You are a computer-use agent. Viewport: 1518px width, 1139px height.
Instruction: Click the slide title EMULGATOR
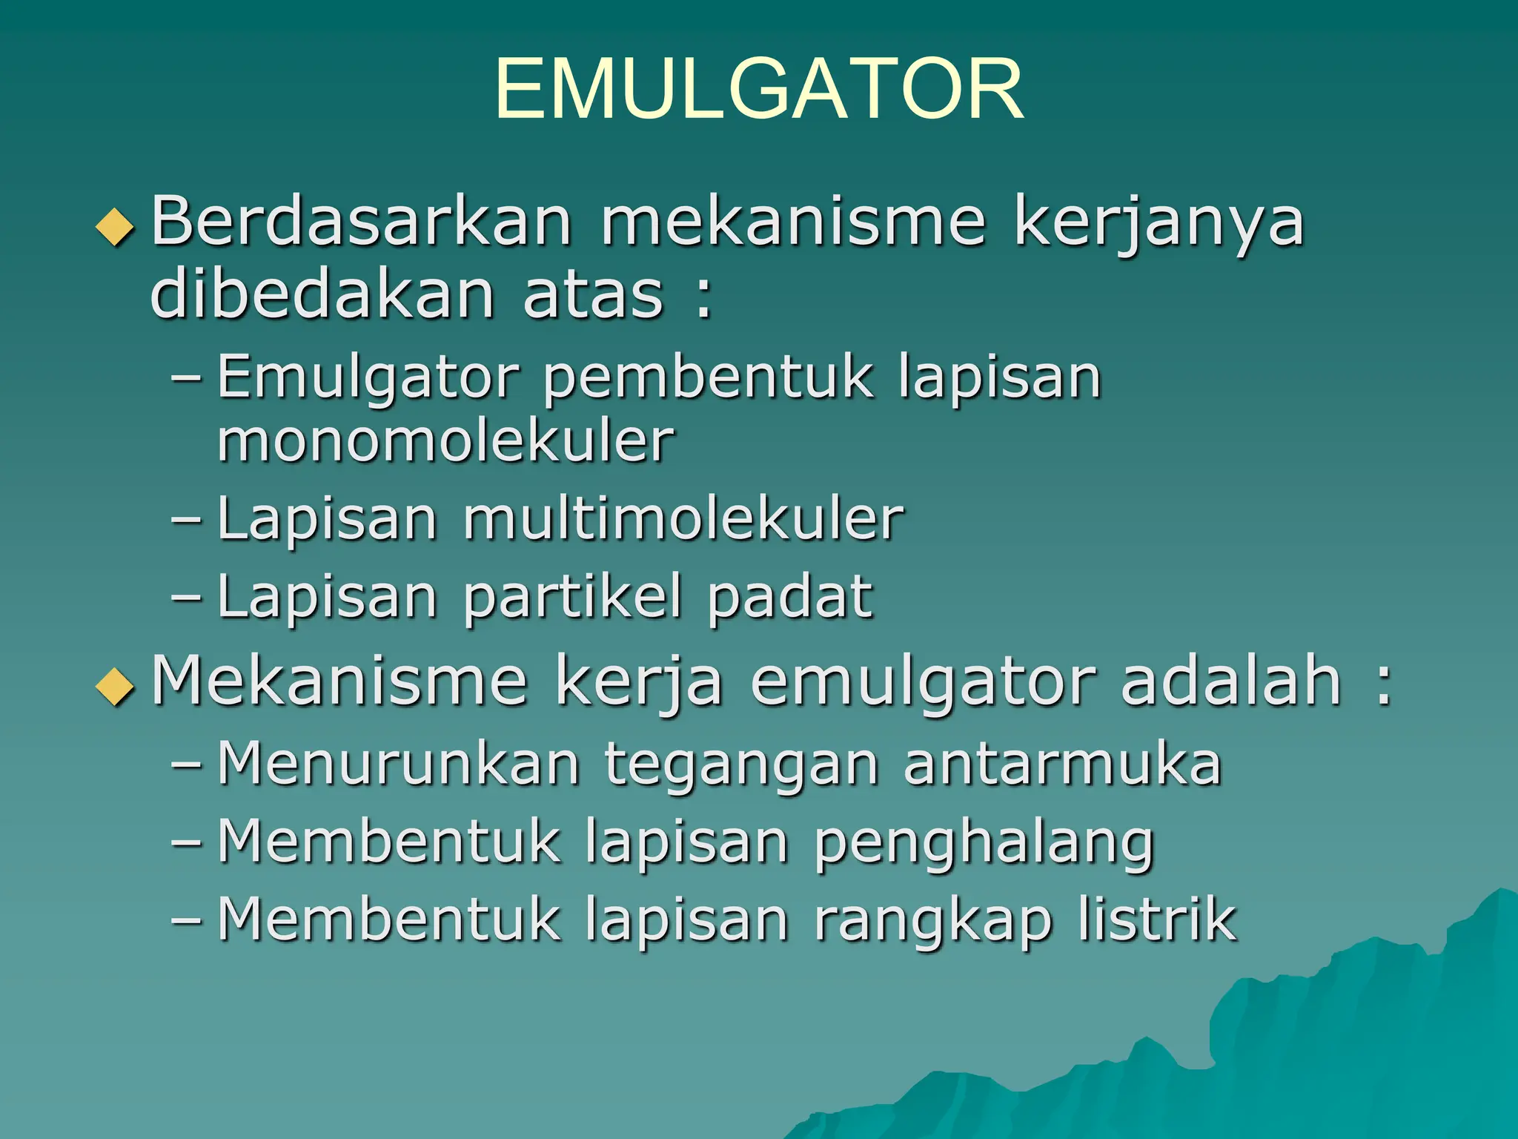[x=759, y=90]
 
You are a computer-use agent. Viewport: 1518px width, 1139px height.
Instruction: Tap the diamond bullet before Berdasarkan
[x=116, y=227]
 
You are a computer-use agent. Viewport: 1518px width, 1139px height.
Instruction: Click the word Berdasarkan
[x=362, y=221]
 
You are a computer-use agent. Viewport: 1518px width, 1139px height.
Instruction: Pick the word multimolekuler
[x=683, y=518]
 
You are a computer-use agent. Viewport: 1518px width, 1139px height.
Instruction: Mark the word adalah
[x=1231, y=681]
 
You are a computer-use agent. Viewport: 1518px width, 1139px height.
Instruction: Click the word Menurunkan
[x=399, y=763]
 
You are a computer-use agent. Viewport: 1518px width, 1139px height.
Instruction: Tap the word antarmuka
[x=1062, y=763]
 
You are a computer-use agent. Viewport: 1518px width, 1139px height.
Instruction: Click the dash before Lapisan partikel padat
[x=185, y=597]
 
